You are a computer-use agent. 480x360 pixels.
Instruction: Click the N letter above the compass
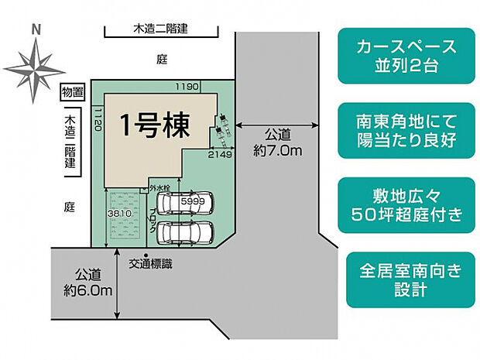35,30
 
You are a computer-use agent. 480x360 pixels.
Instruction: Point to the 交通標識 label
152,264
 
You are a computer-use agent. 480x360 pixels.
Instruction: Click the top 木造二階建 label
162,30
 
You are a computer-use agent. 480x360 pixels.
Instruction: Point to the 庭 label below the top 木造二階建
162,59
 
